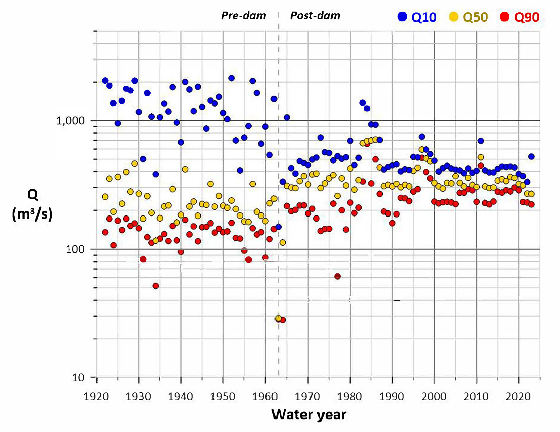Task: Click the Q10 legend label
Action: pyautogui.click(x=424, y=17)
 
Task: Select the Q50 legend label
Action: pyautogui.click(x=475, y=17)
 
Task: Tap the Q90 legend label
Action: pyautogui.click(x=526, y=17)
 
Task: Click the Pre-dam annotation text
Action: pyautogui.click(x=244, y=16)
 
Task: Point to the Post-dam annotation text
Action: pyautogui.click(x=315, y=16)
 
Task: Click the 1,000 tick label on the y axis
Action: pyautogui.click(x=70, y=121)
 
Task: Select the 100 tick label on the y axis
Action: pyautogui.click(x=75, y=249)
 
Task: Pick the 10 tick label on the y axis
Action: pyautogui.click(x=78, y=377)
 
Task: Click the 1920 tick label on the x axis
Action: pyautogui.click(x=96, y=396)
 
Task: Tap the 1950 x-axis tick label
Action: pyautogui.click(x=222, y=396)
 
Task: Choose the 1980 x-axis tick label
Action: pyautogui.click(x=349, y=396)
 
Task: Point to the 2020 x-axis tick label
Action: pyautogui.click(x=518, y=396)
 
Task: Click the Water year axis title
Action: pyautogui.click(x=309, y=415)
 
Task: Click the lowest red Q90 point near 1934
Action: pyautogui.click(x=156, y=286)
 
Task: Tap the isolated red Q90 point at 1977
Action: pyautogui.click(x=338, y=276)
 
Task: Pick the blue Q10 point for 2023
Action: pyautogui.click(x=531, y=156)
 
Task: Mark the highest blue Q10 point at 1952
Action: pyautogui.click(x=231, y=78)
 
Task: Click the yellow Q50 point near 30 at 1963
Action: pyautogui.click(x=278, y=318)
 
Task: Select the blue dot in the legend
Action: pyautogui.click(x=402, y=17)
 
